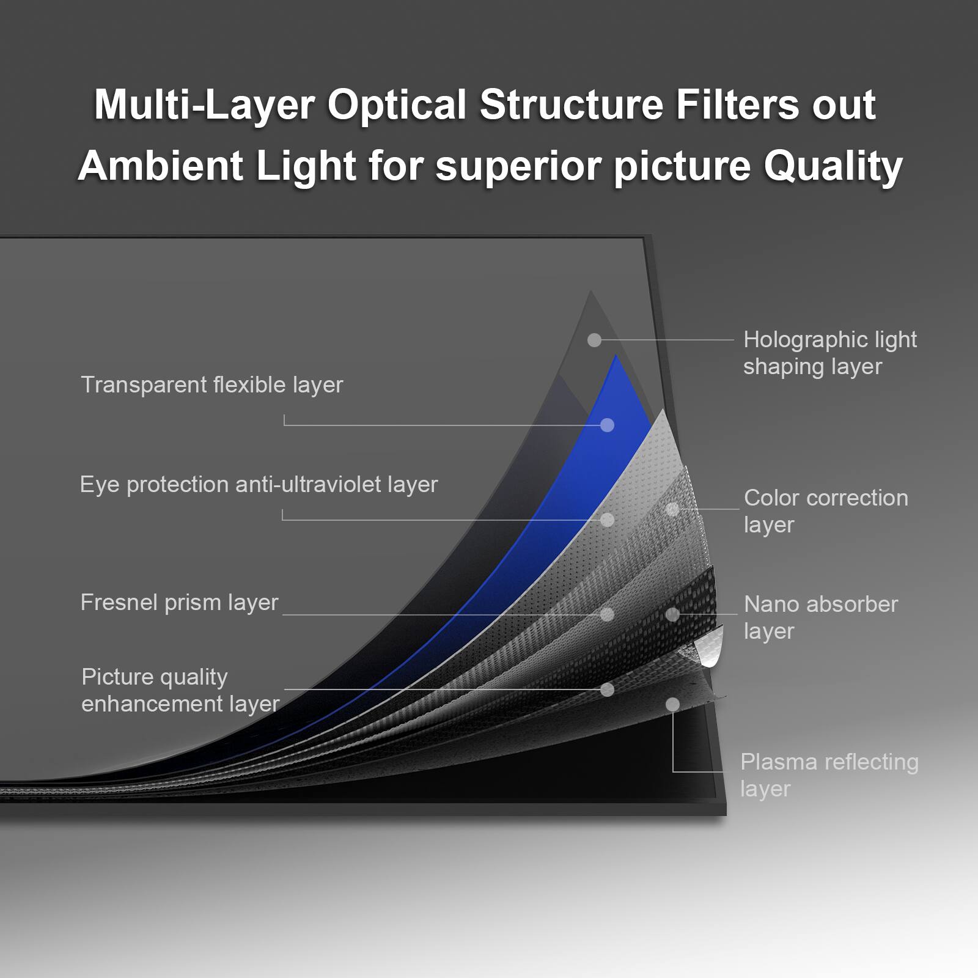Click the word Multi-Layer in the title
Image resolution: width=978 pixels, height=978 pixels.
click(x=204, y=105)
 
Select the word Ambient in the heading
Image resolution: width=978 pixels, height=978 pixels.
click(x=161, y=166)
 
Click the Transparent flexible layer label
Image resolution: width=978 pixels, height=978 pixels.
click(x=211, y=385)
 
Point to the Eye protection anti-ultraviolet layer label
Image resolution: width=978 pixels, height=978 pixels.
click(x=259, y=485)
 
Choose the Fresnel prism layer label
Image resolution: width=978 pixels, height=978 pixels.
click(x=179, y=603)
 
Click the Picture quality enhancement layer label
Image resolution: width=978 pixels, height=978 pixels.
click(x=180, y=690)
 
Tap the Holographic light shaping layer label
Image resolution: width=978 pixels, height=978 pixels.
click(x=829, y=353)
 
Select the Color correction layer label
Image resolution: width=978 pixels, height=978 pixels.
click(x=825, y=511)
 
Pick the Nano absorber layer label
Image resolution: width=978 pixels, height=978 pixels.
click(x=820, y=617)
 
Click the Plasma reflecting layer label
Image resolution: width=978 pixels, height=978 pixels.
click(x=829, y=774)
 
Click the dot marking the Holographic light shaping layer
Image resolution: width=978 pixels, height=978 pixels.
click(x=594, y=340)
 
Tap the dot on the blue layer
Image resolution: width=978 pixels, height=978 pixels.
click(x=607, y=425)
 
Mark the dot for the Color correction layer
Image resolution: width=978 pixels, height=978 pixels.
click(x=672, y=509)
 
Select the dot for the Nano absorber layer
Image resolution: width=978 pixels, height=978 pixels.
click(x=672, y=614)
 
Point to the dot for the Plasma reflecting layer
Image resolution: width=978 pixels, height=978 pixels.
click(x=672, y=705)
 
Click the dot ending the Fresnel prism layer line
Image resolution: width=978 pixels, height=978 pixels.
click(x=607, y=614)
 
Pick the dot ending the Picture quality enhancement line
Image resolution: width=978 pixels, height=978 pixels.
click(x=607, y=689)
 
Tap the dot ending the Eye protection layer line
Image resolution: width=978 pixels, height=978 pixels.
click(x=607, y=520)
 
